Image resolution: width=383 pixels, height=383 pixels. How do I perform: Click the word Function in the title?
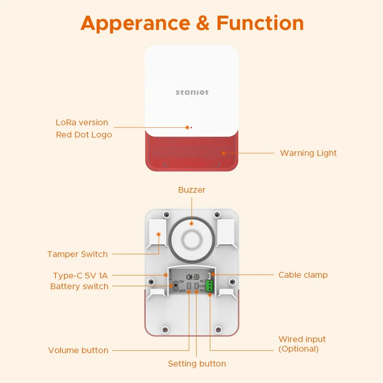[x=260, y=23]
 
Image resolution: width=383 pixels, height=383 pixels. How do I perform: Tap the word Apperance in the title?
[x=135, y=24]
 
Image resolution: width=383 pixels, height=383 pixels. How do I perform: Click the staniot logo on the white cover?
[x=192, y=92]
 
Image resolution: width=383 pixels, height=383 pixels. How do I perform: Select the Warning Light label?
[x=308, y=153]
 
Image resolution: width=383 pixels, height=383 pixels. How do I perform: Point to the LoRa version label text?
[x=82, y=123]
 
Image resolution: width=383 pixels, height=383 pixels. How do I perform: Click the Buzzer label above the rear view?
[x=192, y=190]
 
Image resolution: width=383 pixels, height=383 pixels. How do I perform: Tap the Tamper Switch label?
[x=77, y=254]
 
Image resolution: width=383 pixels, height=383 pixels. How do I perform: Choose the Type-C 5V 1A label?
[x=80, y=275]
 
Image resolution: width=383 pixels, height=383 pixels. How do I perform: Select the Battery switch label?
[x=79, y=286]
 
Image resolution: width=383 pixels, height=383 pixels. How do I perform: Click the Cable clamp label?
[x=303, y=275]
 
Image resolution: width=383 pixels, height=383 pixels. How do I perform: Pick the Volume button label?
[x=78, y=350]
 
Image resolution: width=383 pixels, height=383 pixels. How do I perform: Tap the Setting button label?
[x=197, y=364]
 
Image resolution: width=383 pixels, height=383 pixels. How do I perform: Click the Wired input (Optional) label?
[x=302, y=344]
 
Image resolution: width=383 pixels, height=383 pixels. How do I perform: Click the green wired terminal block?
[x=210, y=286]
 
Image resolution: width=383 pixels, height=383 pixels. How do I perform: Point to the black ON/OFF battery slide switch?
[x=175, y=286]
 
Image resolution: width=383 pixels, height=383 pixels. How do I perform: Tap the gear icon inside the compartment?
[x=197, y=277]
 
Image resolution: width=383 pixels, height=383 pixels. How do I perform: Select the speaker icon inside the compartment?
[x=189, y=277]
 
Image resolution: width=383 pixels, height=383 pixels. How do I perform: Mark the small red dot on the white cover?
[x=191, y=127]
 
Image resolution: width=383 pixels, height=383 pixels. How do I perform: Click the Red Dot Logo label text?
[x=84, y=135]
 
